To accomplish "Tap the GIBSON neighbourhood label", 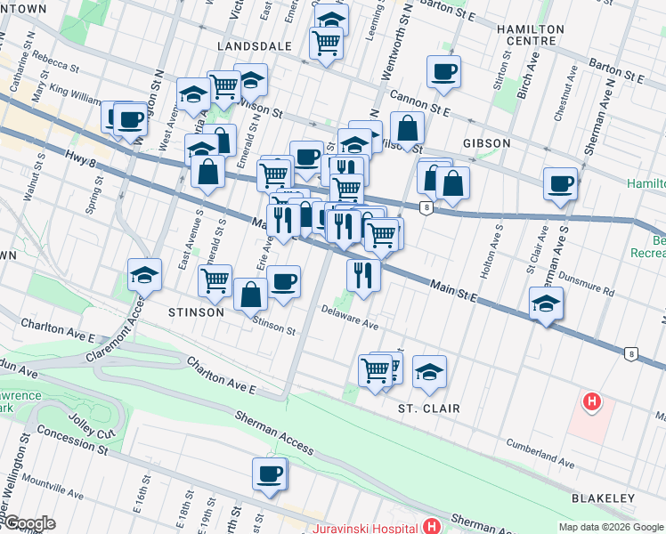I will (486, 143).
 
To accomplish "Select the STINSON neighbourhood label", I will (195, 312).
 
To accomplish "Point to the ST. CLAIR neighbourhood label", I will (428, 409).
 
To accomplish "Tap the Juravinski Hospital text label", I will (365, 527).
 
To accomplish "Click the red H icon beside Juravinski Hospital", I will (432, 527).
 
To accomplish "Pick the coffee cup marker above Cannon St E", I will (443, 71).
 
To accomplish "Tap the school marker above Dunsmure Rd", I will (546, 303).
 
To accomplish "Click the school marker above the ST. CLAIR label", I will (429, 371).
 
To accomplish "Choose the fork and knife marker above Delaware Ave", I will (363, 275).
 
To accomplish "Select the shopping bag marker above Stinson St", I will (251, 294).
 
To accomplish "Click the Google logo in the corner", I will (28, 523).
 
